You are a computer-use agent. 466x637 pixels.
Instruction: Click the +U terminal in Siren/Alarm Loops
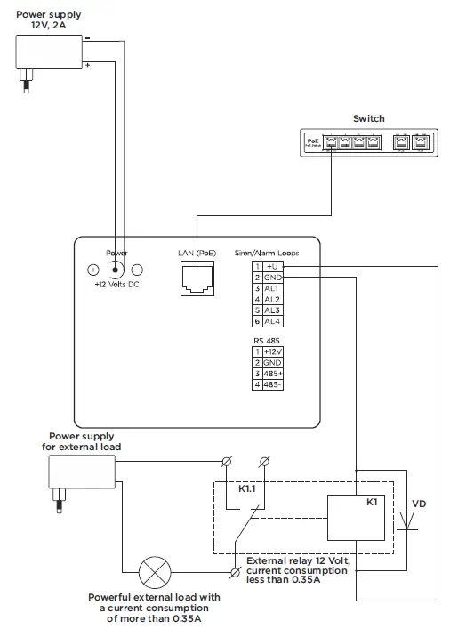coord(272,266)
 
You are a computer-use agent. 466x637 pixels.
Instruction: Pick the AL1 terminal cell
coord(272,289)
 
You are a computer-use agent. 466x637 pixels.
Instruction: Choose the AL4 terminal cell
coord(272,320)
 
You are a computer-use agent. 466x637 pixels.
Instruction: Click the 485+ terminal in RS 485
coord(272,374)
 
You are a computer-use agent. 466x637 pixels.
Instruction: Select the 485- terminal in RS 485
coord(272,384)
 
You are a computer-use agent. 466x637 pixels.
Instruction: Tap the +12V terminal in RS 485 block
coord(272,352)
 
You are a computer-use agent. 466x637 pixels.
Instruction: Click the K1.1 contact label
coord(250,489)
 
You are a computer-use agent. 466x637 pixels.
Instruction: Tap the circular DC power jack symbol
coord(114,270)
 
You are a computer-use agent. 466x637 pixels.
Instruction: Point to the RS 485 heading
coord(265,340)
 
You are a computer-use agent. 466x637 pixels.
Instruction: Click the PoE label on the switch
coord(312,140)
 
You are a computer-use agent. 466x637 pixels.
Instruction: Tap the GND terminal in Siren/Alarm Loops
coord(272,278)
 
